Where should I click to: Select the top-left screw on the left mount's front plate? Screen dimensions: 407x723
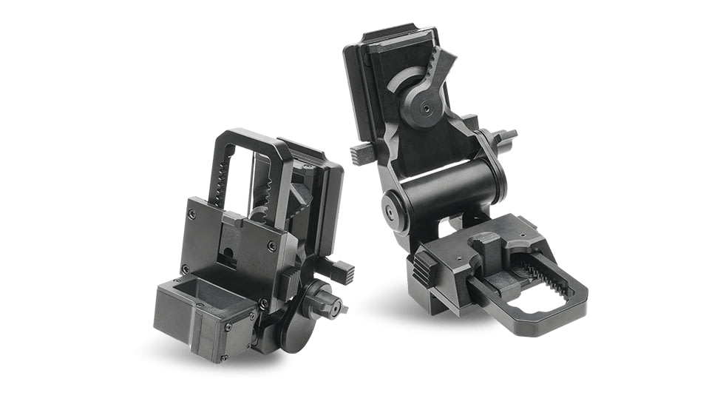193,215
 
